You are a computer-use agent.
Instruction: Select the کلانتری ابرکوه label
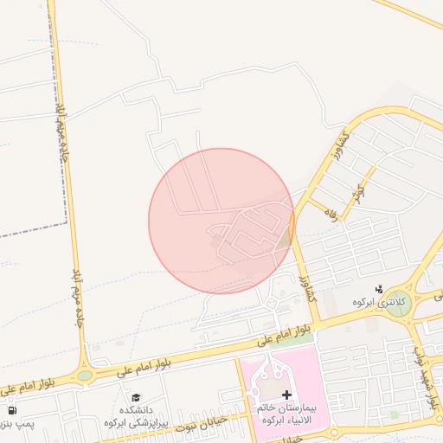[x=374, y=302]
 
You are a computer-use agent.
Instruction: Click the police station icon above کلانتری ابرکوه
[x=378, y=288]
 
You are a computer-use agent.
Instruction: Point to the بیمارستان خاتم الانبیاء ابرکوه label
[x=286, y=413]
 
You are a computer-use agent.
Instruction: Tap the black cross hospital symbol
[x=286, y=395]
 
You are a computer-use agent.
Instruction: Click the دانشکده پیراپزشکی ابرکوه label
[x=135, y=417]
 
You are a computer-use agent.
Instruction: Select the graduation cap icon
[x=135, y=398]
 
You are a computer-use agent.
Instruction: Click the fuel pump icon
[x=12, y=410]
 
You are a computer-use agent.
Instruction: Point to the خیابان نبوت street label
[x=201, y=423]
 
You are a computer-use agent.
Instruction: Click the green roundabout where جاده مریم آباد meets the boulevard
[x=85, y=376]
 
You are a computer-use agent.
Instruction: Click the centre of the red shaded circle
[x=221, y=221]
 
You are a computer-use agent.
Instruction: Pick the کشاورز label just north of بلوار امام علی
[x=307, y=284]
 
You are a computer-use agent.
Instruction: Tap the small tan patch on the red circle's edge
[x=286, y=238]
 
